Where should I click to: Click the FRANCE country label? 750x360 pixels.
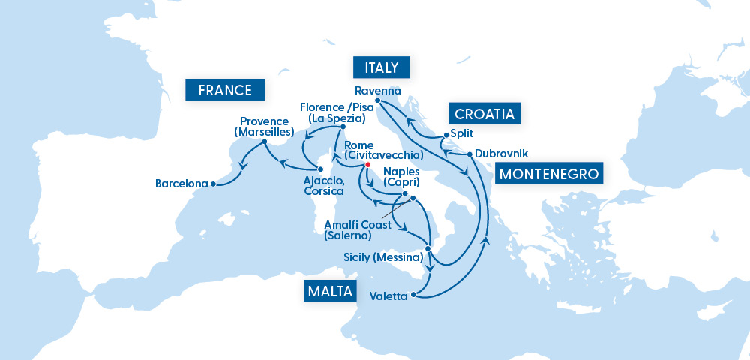[x=225, y=90]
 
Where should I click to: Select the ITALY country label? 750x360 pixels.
[x=382, y=67]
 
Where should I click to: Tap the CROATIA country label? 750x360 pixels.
[x=485, y=114]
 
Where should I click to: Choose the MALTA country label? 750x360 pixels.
[x=329, y=291]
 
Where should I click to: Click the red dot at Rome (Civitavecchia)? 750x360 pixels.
[x=367, y=164]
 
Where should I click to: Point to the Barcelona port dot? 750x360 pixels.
[x=213, y=183]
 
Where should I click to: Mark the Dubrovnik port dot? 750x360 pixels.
[x=469, y=154]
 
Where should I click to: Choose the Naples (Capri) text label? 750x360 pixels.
[x=401, y=176]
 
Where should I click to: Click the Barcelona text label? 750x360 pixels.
[x=181, y=183]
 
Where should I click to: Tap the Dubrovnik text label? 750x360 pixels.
[x=502, y=153]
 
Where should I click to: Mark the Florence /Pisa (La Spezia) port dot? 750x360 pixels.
[x=331, y=127]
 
